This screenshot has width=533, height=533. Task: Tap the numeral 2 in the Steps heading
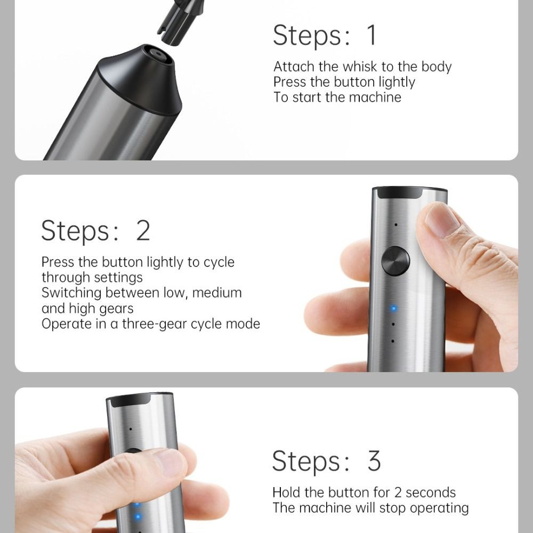click(143, 230)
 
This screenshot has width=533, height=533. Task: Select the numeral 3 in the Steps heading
click(374, 461)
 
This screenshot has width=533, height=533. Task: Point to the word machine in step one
click(375, 97)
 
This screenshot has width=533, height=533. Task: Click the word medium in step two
click(217, 293)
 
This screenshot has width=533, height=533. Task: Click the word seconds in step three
click(430, 492)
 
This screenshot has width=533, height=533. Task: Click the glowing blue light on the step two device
click(393, 308)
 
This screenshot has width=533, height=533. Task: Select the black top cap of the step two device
click(409, 192)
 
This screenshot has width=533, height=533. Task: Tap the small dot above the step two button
click(395, 225)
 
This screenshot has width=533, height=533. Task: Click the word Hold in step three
click(287, 492)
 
